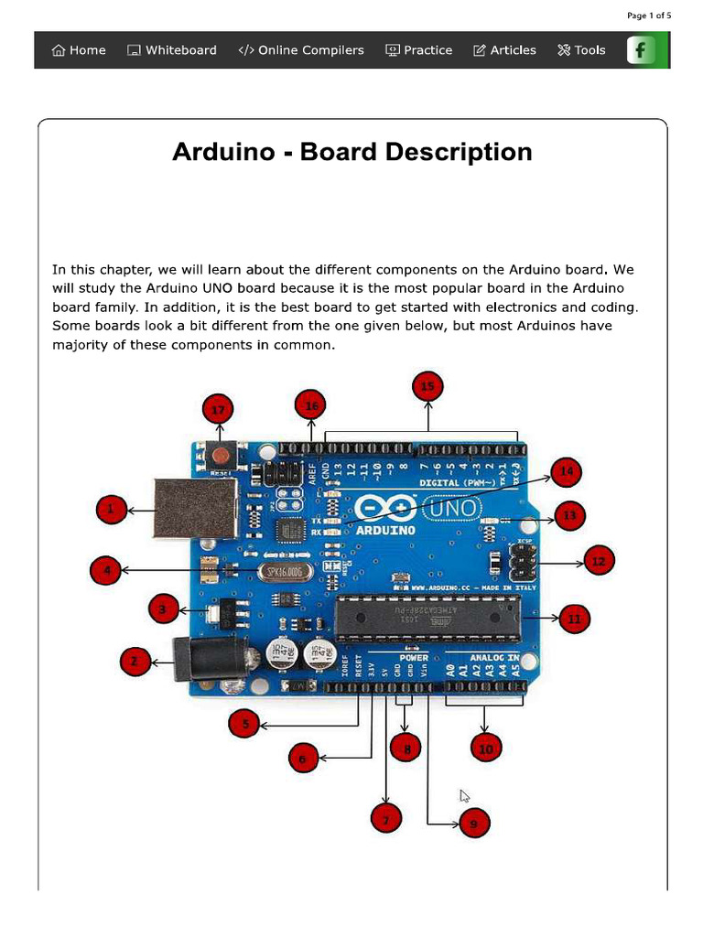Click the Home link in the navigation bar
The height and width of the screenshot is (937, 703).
79,50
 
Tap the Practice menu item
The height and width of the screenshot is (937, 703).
418,50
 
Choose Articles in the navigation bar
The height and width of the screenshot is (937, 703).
504,50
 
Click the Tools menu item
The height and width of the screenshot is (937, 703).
581,50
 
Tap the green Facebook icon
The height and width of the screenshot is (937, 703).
642,50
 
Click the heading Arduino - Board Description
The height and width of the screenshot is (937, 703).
351,151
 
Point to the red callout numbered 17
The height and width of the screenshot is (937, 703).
218,411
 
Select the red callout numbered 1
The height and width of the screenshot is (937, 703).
111,510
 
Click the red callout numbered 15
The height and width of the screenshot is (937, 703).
427,387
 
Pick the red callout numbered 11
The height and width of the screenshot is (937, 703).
574,619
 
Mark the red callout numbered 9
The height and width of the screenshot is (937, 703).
473,824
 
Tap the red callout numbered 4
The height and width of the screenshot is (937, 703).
107,572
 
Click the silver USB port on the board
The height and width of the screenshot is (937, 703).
196,508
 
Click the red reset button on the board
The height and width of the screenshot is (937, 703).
221,454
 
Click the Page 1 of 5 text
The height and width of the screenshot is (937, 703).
649,16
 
